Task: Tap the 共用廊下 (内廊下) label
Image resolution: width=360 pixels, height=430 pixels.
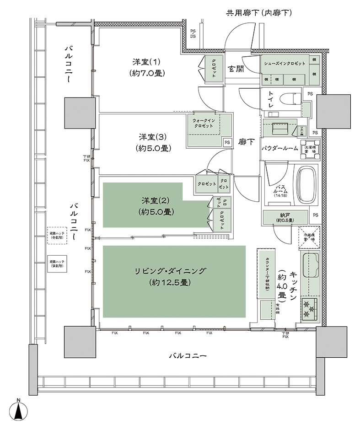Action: click(259, 13)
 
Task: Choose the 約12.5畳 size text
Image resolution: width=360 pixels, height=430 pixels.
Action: click(169, 283)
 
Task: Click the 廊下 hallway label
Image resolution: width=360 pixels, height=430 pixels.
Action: click(246, 142)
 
